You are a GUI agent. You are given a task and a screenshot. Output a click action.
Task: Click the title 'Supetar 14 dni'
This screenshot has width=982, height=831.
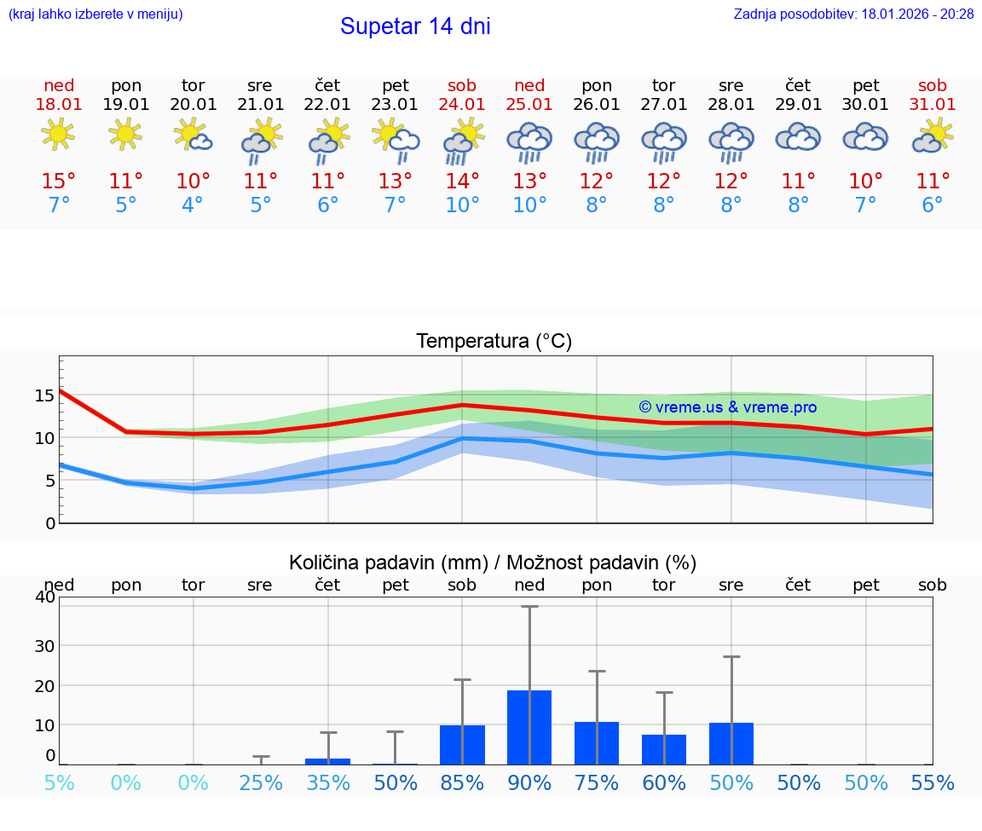pyautogui.click(x=415, y=26)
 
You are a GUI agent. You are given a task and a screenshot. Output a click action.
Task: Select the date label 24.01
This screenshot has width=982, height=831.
pyautogui.click(x=462, y=104)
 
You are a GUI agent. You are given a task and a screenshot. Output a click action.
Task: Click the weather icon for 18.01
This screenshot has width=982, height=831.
pyautogui.click(x=58, y=135)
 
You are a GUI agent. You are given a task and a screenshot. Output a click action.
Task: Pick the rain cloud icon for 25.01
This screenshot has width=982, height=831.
pyautogui.click(x=529, y=141)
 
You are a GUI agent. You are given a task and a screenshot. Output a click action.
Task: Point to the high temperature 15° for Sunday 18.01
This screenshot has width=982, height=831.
pyautogui.click(x=59, y=182)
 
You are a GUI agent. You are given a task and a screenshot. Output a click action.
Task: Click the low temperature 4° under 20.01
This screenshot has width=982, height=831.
pyautogui.click(x=193, y=205)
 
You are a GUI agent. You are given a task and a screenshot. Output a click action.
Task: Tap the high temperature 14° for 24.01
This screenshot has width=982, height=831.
pyautogui.click(x=462, y=182)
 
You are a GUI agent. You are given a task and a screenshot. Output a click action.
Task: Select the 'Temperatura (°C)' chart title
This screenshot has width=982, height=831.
pyautogui.click(x=494, y=341)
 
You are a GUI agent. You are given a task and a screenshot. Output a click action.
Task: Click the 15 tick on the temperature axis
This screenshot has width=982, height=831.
pyautogui.click(x=44, y=395)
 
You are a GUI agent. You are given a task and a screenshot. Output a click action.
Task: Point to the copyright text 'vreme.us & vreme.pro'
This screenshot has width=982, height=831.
pyautogui.click(x=728, y=407)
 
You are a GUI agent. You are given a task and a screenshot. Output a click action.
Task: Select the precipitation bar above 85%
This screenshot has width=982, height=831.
pyautogui.click(x=462, y=744)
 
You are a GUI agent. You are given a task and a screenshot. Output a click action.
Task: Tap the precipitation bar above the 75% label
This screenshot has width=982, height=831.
pyautogui.click(x=597, y=742)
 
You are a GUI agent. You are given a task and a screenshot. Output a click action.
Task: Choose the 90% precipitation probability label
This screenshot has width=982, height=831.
pyautogui.click(x=529, y=782)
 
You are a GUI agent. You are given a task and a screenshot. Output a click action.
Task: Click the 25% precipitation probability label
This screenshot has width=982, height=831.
pyautogui.click(x=260, y=782)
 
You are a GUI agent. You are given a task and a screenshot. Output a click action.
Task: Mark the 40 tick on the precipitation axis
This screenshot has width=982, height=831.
pyautogui.click(x=44, y=597)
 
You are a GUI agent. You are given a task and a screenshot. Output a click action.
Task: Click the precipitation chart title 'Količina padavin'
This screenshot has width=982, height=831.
pyautogui.click(x=493, y=563)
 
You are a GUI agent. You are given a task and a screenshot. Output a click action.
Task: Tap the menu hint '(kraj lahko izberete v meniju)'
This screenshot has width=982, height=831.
pyautogui.click(x=95, y=14)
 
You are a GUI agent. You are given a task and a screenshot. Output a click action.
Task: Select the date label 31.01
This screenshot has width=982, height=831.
pyautogui.click(x=933, y=104)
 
